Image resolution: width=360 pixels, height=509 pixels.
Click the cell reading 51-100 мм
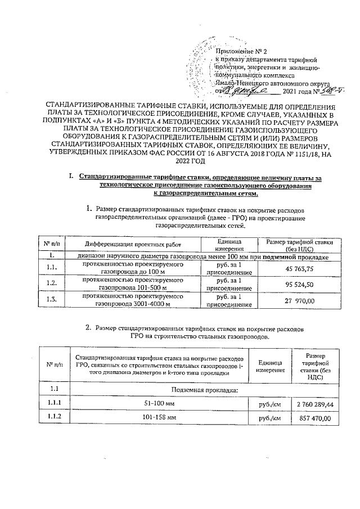[x=160, y=404]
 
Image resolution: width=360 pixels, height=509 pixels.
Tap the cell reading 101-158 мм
[x=160, y=419]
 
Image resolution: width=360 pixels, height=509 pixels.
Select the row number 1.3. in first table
[x=52, y=300]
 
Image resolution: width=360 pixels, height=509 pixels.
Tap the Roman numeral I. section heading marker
[x=71, y=178]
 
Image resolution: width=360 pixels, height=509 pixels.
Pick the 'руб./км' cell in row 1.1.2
[x=269, y=419]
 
